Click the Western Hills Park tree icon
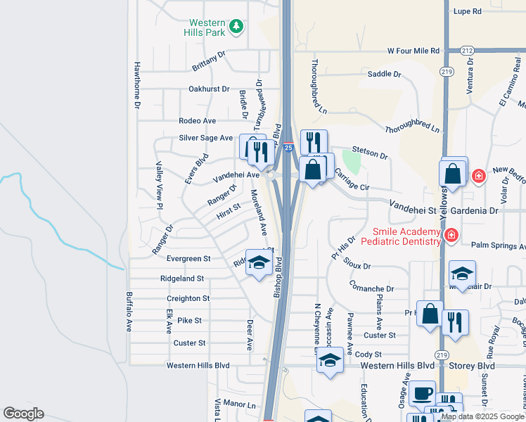pyautogui.click(x=238, y=27)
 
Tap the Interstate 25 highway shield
pyautogui.click(x=288, y=147)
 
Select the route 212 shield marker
pyautogui.click(x=468, y=51)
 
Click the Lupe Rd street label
pyautogui.click(x=467, y=11)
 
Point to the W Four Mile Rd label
pyautogui.click(x=413, y=51)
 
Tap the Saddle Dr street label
pyautogui.click(x=384, y=74)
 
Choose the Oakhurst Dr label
pyautogui.click(x=209, y=89)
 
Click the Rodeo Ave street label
pyautogui.click(x=197, y=121)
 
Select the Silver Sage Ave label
pyautogui.click(x=205, y=138)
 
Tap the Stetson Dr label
pyautogui.click(x=370, y=153)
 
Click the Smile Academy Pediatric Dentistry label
pyautogui.click(x=402, y=236)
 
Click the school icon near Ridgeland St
pyautogui.click(x=259, y=263)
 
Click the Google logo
pyautogui.click(x=24, y=413)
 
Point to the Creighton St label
pyautogui.click(x=188, y=299)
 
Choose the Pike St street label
pyautogui.click(x=190, y=321)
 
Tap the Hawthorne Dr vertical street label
pyautogui.click(x=138, y=84)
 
